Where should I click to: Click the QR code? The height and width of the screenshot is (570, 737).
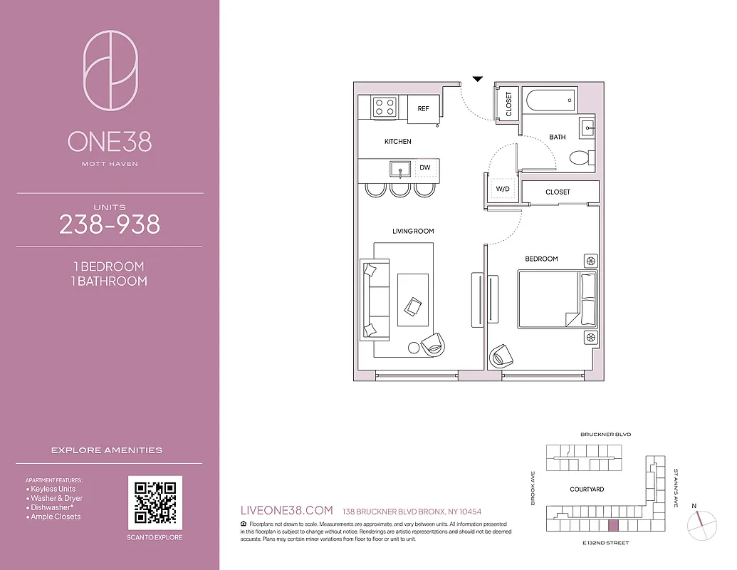coord(155,502)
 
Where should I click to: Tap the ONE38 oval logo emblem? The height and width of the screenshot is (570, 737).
coord(110,70)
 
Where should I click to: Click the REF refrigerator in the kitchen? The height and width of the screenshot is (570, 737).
coord(424,109)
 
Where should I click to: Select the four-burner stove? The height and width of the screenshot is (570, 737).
coord(385,108)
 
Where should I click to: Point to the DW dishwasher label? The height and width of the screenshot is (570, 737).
coord(425,168)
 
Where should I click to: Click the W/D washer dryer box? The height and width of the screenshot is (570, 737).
coord(503,189)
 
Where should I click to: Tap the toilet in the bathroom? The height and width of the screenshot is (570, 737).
coord(581,157)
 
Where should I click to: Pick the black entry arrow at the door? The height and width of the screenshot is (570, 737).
coord(478,78)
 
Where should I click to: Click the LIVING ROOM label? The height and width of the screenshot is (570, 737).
coord(413,231)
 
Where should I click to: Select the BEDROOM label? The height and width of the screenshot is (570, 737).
coord(541,259)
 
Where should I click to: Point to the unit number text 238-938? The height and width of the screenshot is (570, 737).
coord(110,225)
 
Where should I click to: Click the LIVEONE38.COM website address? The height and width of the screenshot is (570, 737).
coord(288,510)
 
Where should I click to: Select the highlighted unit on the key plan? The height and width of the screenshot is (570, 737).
coord(612,526)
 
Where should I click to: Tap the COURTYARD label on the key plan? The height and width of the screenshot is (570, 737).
coord(587,489)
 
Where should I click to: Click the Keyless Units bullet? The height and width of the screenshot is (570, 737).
coord(53,489)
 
